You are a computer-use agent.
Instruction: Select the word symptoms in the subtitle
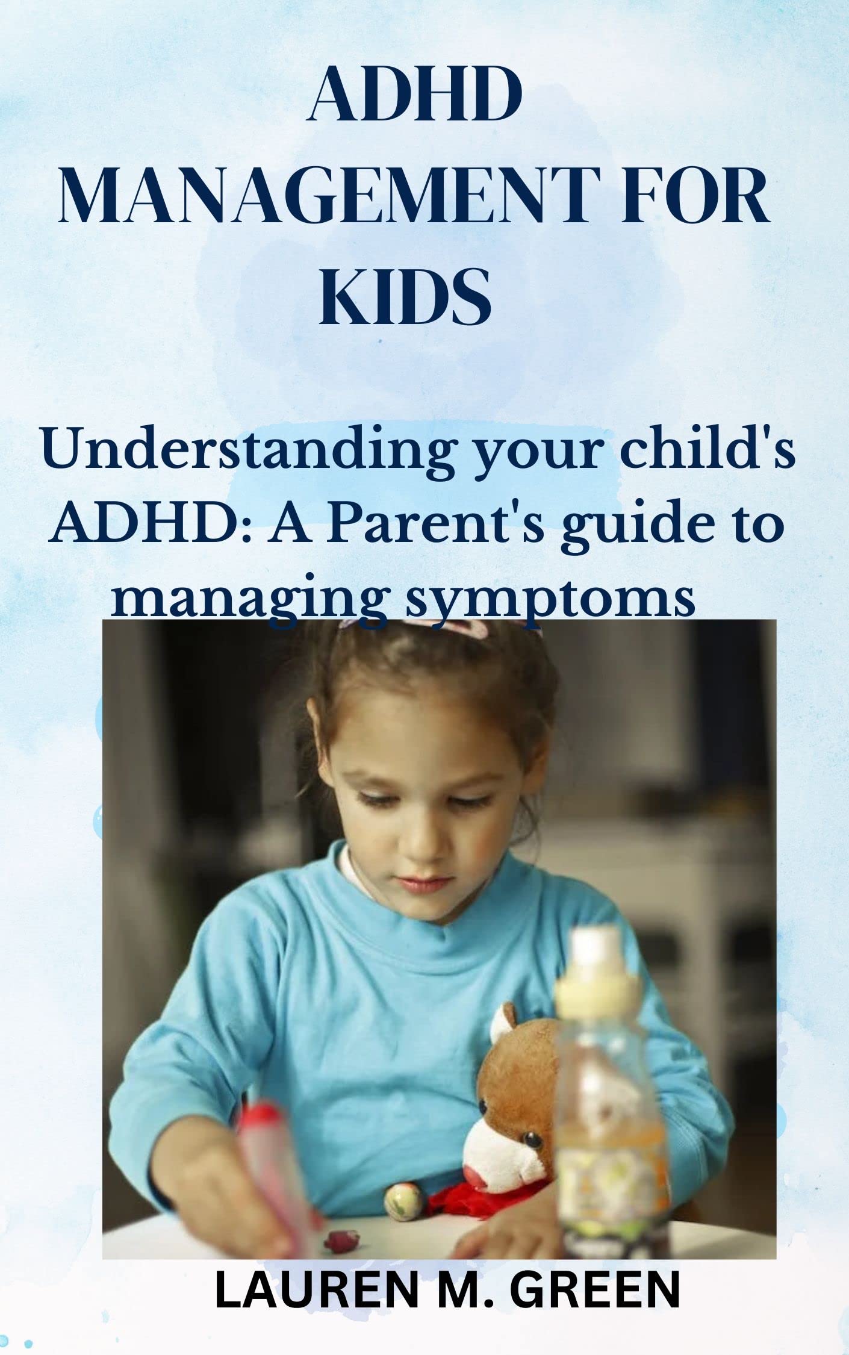[550, 602]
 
